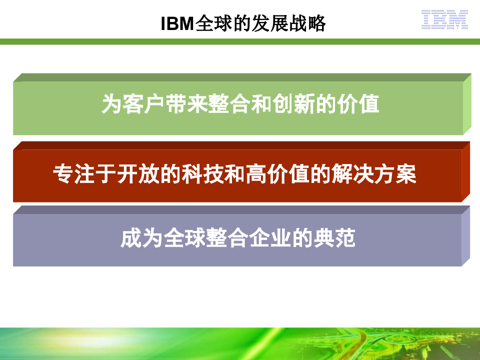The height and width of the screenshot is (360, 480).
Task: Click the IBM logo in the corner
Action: coord(444,20)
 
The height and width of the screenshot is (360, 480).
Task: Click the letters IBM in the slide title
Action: coord(177,24)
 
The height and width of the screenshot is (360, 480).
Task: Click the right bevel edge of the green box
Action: coord(467,103)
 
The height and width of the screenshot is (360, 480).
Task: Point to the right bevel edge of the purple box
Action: coord(465,235)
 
